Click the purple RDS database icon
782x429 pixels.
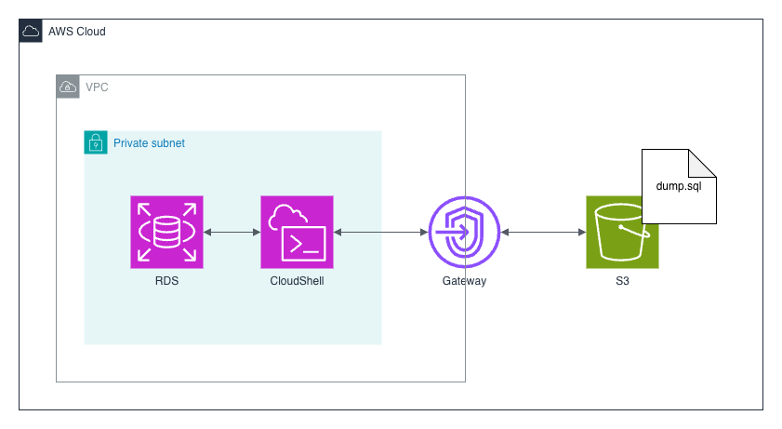[167, 233]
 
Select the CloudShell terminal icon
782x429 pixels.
[298, 233]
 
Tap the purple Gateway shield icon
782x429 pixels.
[464, 233]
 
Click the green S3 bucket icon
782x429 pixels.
[622, 233]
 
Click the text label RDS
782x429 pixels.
[167, 281]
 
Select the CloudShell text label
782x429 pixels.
[298, 281]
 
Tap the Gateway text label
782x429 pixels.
[464, 281]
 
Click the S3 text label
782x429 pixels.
[622, 281]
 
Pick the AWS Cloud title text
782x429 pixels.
[77, 32]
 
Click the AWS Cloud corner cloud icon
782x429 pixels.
[31, 31]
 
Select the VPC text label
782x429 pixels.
[96, 87]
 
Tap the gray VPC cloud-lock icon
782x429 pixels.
[68, 87]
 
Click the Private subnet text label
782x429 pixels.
[149, 143]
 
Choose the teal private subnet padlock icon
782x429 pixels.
[96, 142]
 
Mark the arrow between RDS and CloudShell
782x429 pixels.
[232, 233]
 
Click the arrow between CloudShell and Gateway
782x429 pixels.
[380, 233]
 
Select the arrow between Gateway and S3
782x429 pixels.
[543, 233]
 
